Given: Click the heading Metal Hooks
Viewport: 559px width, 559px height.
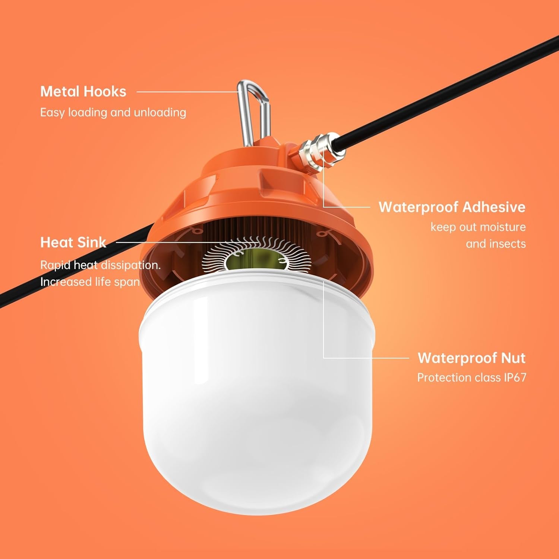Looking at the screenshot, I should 83,92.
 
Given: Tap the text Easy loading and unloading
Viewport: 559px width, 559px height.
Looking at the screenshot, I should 113,112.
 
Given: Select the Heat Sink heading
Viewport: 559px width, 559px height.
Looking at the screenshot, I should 73,242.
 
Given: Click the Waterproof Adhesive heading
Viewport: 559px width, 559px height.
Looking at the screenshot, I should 452,207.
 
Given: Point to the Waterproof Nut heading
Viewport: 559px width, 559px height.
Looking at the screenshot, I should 471,358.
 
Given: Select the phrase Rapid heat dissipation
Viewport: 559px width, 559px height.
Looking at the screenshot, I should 100,265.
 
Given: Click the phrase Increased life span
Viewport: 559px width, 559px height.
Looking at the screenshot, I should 90,282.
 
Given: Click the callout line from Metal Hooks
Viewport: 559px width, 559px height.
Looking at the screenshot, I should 186,92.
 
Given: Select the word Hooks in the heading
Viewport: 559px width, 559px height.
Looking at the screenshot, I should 105,92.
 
